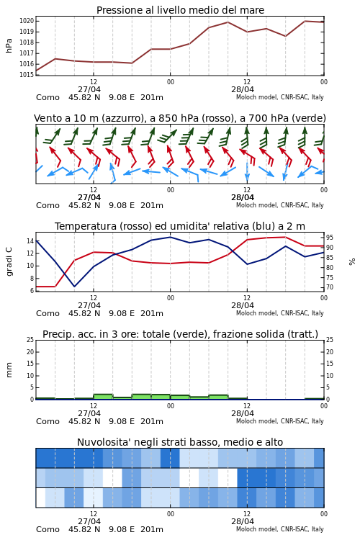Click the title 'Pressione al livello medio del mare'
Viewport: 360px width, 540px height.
pyautogui.click(x=180, y=10)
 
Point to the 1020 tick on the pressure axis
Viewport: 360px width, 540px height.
pyautogui.click(x=27, y=21)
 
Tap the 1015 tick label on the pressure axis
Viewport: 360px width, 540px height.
pyautogui.click(x=27, y=75)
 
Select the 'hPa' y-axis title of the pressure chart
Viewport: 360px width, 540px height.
pyautogui.click(x=9, y=46)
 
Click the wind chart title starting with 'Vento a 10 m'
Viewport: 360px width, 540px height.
pyautogui.click(x=180, y=118)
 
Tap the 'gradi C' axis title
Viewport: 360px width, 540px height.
pyautogui.click(x=9, y=262)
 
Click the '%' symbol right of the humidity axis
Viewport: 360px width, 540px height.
pyautogui.click(x=352, y=262)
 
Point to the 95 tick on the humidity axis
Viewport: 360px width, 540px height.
pyautogui.click(x=330, y=238)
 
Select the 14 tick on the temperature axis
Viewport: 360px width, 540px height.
pyautogui.click(x=30, y=241)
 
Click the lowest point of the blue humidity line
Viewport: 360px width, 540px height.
pyautogui.click(x=74, y=287)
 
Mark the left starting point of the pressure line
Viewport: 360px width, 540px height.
pyautogui.click(x=36, y=71)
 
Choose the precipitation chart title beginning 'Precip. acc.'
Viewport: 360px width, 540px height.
pyautogui.click(x=180, y=334)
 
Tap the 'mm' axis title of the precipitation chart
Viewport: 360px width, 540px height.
pyautogui.click(x=9, y=370)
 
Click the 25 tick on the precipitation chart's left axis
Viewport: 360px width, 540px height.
pyautogui.click(x=30, y=340)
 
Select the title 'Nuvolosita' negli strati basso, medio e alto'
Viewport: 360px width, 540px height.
pyautogui.click(x=180, y=442)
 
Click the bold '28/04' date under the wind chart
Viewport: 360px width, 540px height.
pyautogui.click(x=243, y=197)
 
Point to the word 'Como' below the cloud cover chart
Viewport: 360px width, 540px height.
pyautogui.click(x=48, y=529)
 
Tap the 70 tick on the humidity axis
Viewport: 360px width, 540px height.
pyautogui.click(x=330, y=287)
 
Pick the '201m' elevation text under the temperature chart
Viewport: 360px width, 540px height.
pyautogui.click(x=152, y=313)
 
